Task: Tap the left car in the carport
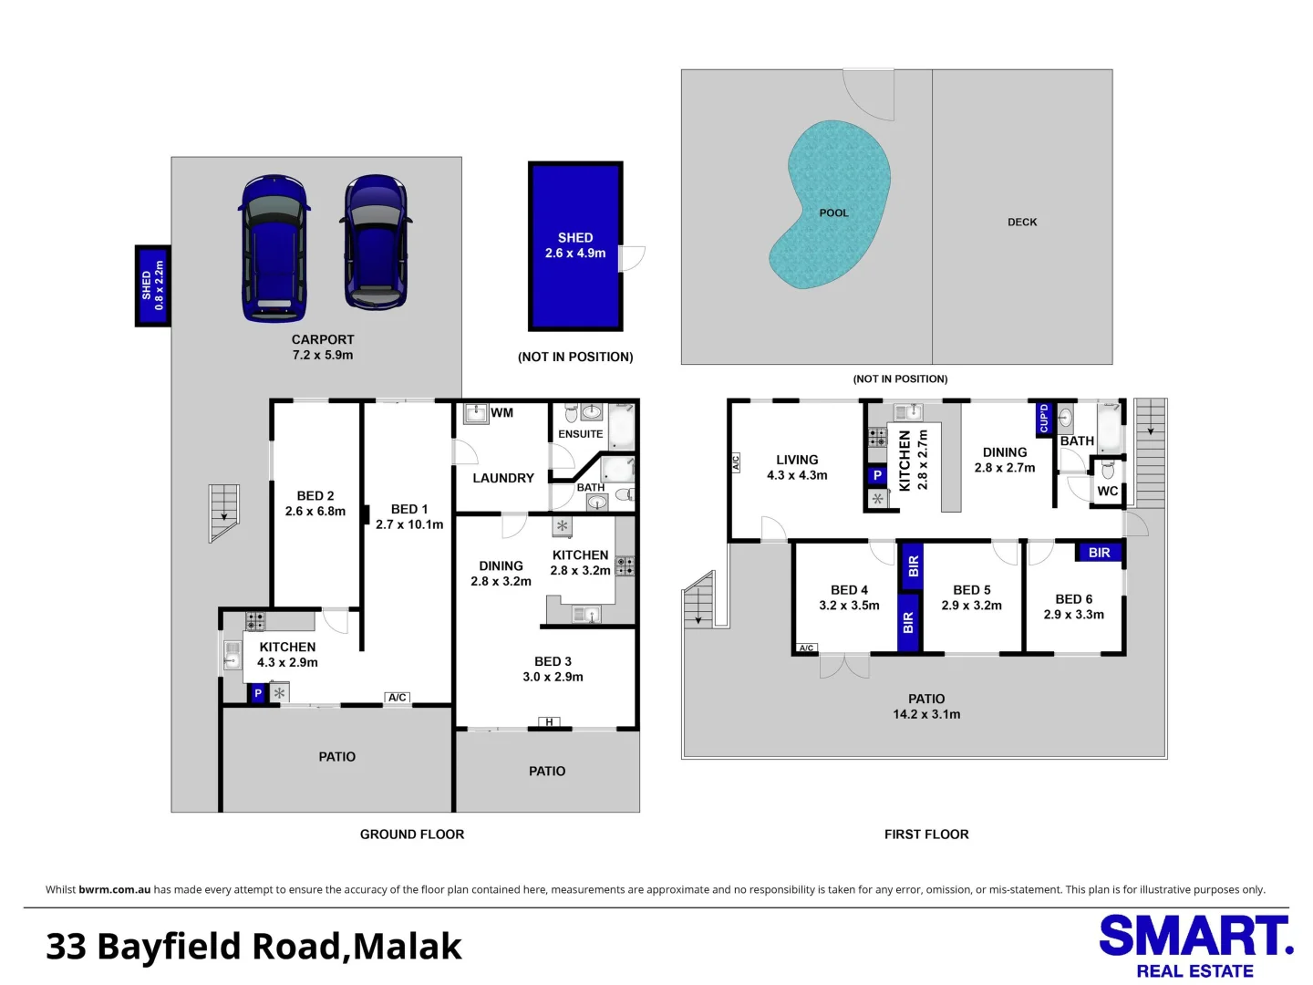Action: (274, 249)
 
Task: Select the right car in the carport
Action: (375, 244)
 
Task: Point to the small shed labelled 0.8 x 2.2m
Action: (152, 285)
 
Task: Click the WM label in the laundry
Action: (501, 413)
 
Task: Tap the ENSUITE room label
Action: (581, 434)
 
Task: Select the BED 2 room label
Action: (315, 495)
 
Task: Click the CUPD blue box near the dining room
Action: (1044, 418)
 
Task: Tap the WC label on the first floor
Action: (1107, 491)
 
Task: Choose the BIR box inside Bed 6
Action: (1100, 553)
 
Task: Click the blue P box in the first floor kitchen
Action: (877, 475)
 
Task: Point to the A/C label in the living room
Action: (736, 462)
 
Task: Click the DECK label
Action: (1022, 222)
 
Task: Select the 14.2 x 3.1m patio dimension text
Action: (926, 714)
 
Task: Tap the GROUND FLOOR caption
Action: (412, 834)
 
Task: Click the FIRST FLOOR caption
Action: (926, 834)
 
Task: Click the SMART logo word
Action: (1195, 937)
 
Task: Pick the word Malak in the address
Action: (408, 947)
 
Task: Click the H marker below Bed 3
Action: (548, 722)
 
